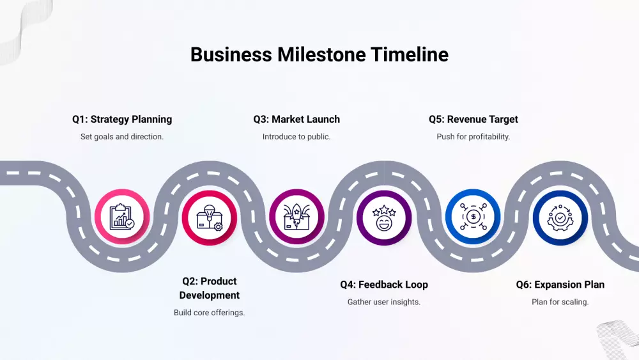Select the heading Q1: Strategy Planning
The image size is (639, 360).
[x=122, y=119]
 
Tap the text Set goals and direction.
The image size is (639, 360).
[x=122, y=136]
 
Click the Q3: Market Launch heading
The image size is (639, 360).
[x=296, y=119]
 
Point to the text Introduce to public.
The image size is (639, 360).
[x=296, y=136]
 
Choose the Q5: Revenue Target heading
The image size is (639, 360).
[x=473, y=119]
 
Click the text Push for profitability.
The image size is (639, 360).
[x=473, y=136]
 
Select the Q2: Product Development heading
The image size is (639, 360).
[x=210, y=288]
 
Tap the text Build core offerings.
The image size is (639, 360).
[x=210, y=313]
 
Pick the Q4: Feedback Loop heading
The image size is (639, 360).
[x=384, y=285]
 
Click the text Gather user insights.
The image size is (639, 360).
[x=384, y=302]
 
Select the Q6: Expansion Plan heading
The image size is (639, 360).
[x=560, y=285]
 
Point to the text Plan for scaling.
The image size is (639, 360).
[x=560, y=302]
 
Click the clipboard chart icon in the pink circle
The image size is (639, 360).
[x=122, y=217]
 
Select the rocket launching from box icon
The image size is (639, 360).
[x=296, y=217]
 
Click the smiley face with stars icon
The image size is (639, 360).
[x=384, y=217]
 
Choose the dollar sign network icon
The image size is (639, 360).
[x=473, y=217]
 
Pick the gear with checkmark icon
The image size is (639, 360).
[x=560, y=217]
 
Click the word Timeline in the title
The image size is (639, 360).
[x=410, y=54]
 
